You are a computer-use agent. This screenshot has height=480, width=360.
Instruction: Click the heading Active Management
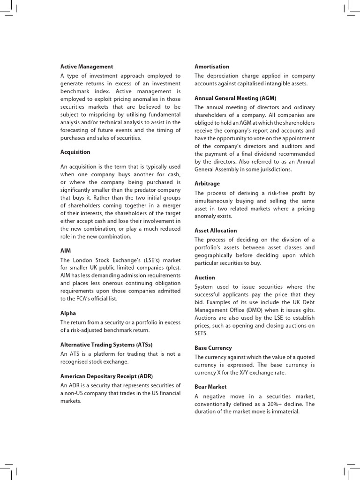[x=87, y=67]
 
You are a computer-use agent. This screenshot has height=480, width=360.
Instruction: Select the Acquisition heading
[x=75, y=152]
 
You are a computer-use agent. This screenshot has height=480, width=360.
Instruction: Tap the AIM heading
[x=66, y=251]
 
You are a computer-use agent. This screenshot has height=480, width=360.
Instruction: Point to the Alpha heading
[x=68, y=313]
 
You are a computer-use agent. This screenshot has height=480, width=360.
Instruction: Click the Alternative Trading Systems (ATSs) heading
[x=106, y=345]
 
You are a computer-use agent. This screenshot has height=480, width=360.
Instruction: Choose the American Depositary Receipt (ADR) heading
[x=106, y=376]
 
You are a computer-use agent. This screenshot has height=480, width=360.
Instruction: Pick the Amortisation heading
[x=212, y=67]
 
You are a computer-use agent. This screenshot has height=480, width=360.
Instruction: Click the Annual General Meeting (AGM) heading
[x=235, y=98]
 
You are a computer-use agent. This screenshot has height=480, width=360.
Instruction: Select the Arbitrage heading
[x=207, y=183]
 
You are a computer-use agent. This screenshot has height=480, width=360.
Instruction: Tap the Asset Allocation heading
[x=216, y=230]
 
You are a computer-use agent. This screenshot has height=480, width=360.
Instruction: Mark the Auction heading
[x=205, y=277]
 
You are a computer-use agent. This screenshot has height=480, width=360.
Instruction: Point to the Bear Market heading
[x=210, y=387]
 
